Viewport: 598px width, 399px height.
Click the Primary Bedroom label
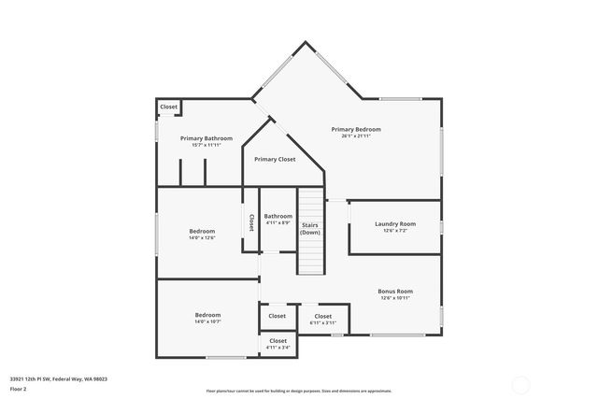click(356, 129)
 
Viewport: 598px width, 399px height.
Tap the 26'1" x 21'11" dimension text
click(356, 136)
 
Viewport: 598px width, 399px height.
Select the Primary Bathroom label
click(206, 138)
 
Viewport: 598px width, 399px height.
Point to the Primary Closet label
click(275, 160)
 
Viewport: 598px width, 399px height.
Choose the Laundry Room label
click(395, 224)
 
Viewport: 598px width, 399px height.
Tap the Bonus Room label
click(395, 291)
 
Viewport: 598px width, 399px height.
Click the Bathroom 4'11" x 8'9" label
click(278, 220)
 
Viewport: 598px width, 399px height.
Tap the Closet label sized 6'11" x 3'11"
click(322, 319)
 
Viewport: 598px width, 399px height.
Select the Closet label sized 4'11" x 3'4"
click(278, 344)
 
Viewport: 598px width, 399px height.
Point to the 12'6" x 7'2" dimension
click(395, 231)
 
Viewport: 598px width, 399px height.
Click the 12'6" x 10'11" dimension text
click(395, 298)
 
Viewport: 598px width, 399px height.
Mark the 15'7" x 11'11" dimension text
click(206, 145)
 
